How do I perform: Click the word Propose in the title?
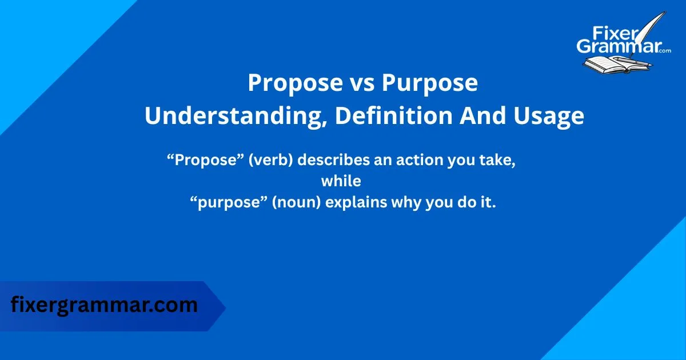pyautogui.click(x=293, y=83)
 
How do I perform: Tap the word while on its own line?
pyautogui.click(x=341, y=181)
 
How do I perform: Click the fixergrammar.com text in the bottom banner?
pyautogui.click(x=104, y=305)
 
